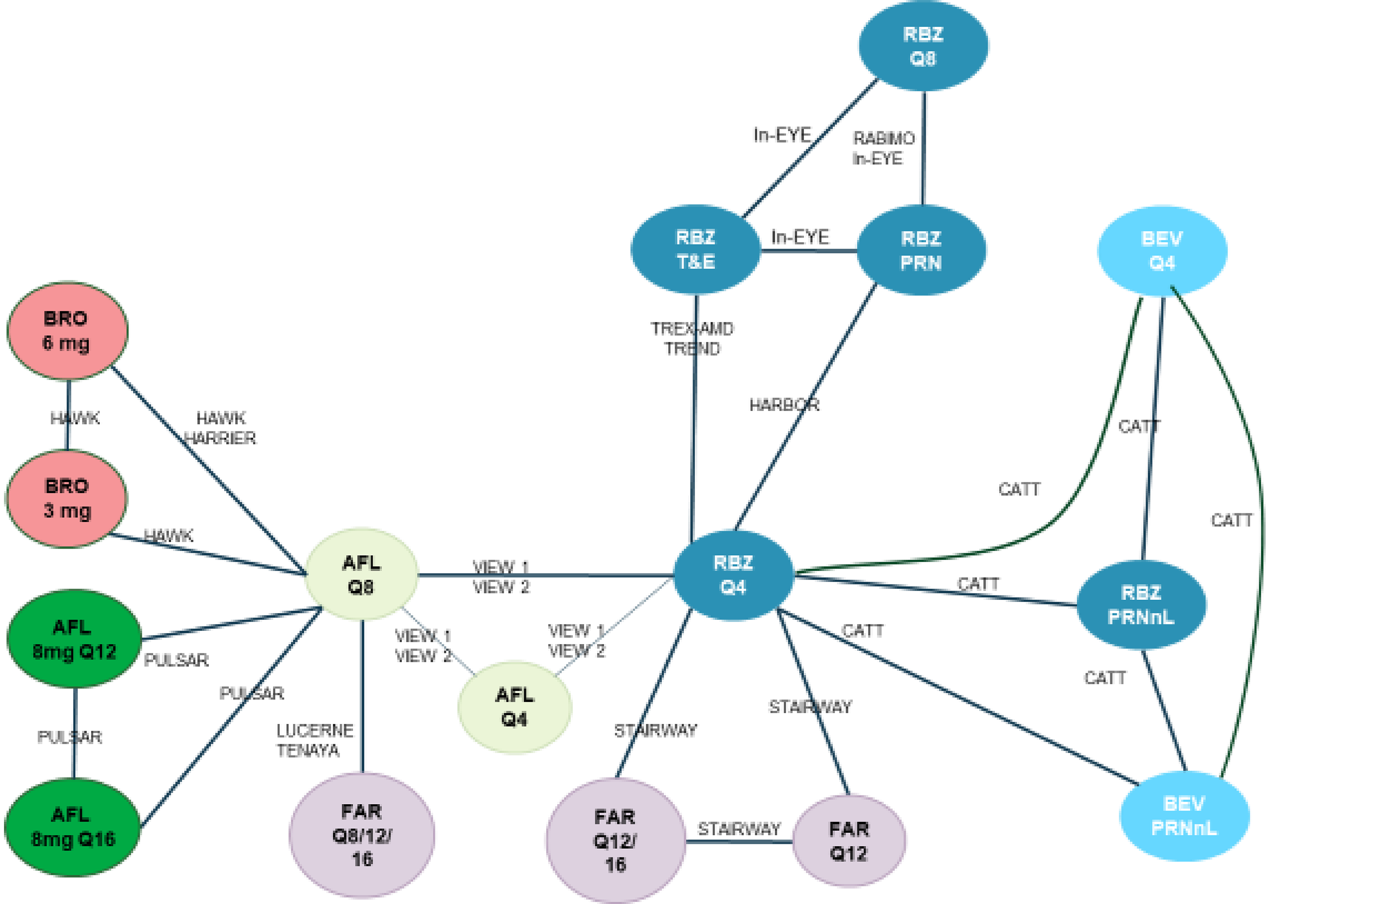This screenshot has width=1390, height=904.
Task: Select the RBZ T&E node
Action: click(695, 250)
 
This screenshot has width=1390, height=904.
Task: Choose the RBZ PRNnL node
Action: click(1141, 605)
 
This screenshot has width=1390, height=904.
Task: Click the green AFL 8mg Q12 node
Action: click(74, 639)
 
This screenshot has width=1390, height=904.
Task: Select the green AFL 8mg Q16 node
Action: click(72, 827)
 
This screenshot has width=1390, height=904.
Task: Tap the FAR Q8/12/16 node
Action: click(362, 835)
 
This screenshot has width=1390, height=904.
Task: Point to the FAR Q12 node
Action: click(849, 841)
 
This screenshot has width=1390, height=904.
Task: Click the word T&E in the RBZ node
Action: click(695, 262)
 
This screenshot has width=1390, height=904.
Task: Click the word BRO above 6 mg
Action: click(65, 318)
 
